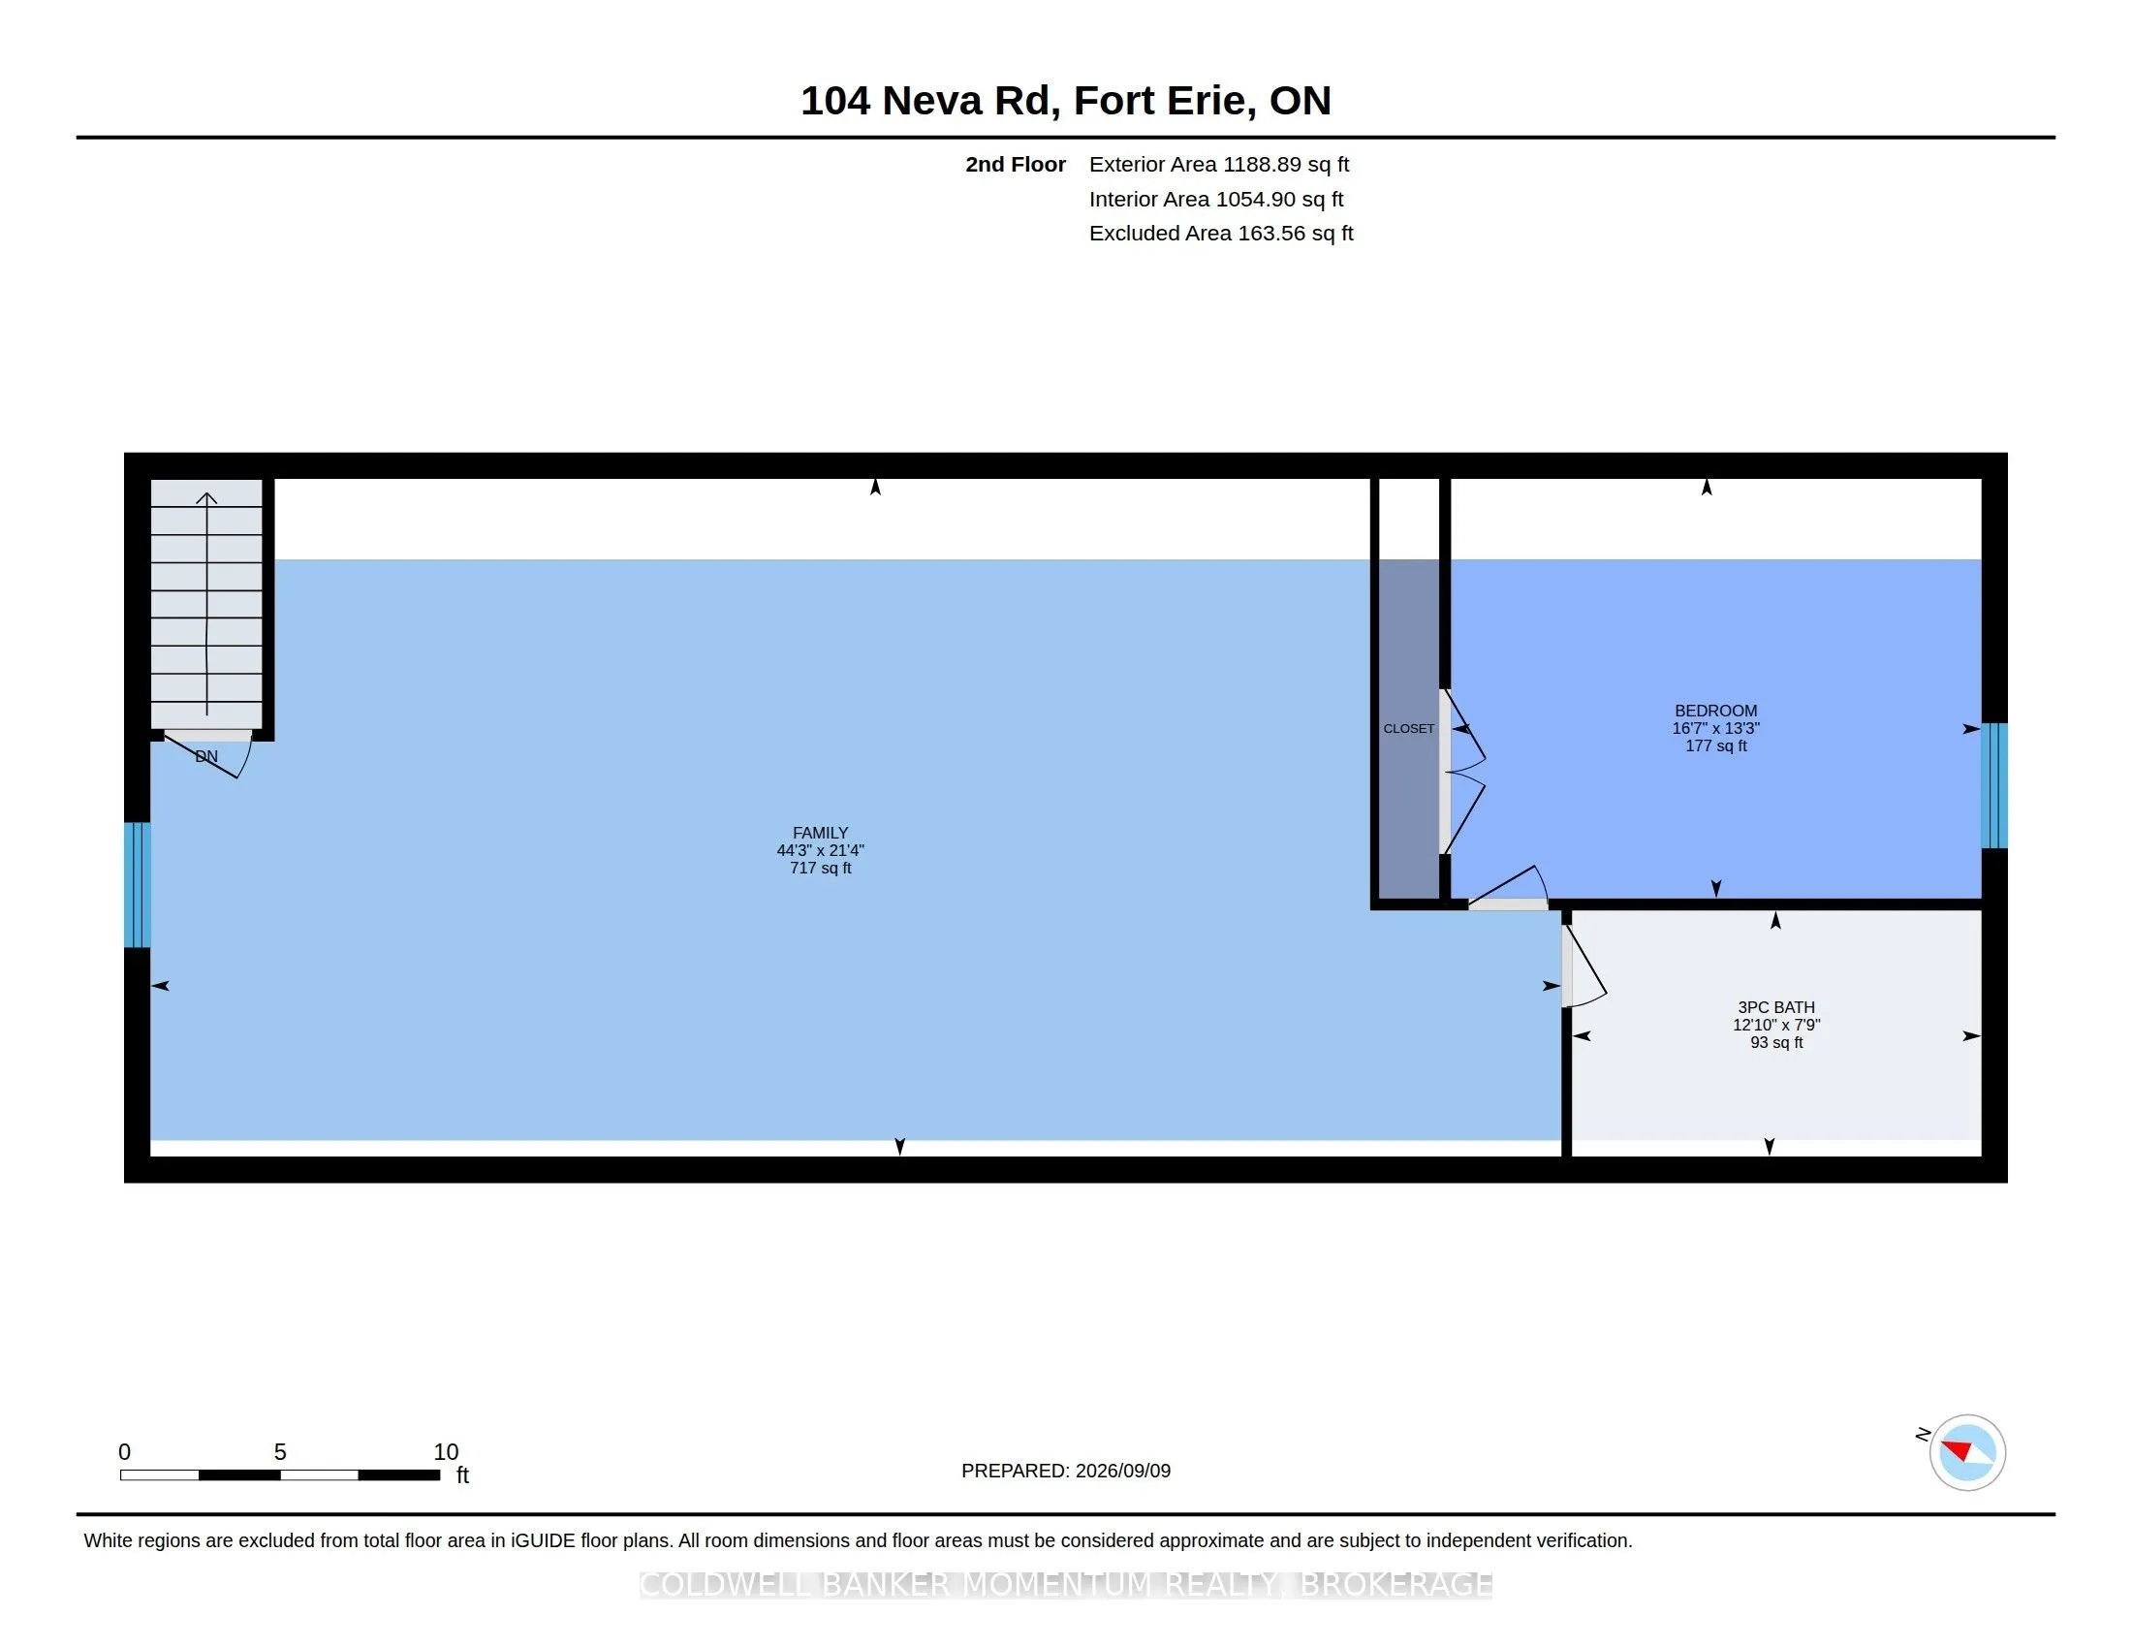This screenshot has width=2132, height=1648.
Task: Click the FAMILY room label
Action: [820, 833]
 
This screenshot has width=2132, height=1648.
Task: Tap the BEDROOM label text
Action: [1715, 711]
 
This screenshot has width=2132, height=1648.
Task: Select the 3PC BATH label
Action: [1775, 1007]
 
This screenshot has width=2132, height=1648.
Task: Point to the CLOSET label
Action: [1409, 728]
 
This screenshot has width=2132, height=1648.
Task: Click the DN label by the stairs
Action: [206, 757]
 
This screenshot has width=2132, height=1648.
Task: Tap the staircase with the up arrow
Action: [207, 604]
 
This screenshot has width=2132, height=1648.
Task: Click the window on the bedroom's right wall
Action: [1994, 786]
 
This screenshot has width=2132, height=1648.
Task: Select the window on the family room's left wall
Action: [138, 884]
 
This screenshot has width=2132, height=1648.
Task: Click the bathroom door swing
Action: [1583, 967]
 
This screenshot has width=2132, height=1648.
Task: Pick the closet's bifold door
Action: [1463, 772]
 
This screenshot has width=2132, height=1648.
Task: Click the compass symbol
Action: [1967, 1452]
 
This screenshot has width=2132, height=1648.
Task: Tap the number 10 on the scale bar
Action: [446, 1452]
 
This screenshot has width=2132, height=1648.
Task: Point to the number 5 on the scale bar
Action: [280, 1452]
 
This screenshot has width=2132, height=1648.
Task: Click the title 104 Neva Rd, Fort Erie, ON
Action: [1066, 101]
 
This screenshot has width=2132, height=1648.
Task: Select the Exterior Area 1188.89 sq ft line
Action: [1219, 164]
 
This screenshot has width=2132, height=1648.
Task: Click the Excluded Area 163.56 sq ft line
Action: [1221, 234]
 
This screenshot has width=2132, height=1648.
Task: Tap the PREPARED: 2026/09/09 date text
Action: [1066, 1471]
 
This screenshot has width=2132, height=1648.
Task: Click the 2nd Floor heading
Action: [1016, 164]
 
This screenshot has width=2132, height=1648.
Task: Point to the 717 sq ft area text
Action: [820, 868]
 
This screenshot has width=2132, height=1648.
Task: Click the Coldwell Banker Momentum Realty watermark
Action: [1066, 1585]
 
